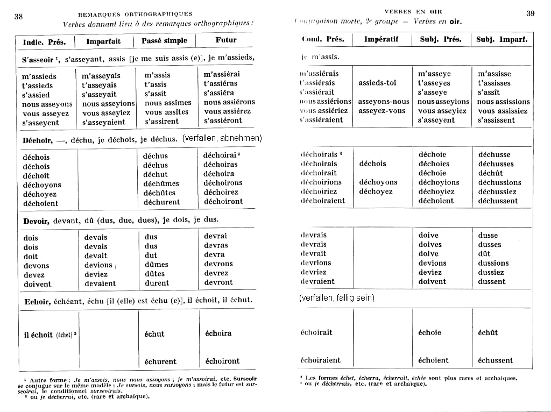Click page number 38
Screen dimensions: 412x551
pyautogui.click(x=18, y=16)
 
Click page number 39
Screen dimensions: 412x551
pyautogui.click(x=530, y=13)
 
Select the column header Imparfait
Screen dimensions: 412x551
pyautogui.click(x=104, y=41)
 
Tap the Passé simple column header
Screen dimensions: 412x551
pyautogui.click(x=165, y=40)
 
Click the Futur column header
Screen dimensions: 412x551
pyautogui.click(x=226, y=40)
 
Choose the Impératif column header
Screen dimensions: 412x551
pyautogui.click(x=382, y=39)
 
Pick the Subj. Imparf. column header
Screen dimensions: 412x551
pyautogui.click(x=502, y=39)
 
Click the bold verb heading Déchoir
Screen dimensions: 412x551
pyautogui.click(x=38, y=139)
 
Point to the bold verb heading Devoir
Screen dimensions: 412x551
pyautogui.click(x=37, y=220)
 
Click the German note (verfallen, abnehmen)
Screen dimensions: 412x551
pyautogui.click(x=222, y=138)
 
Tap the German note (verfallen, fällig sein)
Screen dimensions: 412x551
pyautogui.click(x=336, y=297)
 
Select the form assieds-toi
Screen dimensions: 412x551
pyautogui.click(x=377, y=83)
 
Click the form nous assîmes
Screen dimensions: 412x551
pyautogui.click(x=168, y=103)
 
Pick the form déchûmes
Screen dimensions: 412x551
pyautogui.click(x=161, y=183)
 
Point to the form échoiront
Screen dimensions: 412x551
pyautogui.click(x=222, y=361)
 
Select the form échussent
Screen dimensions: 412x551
pyautogui.click(x=496, y=360)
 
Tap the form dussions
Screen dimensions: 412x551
pyautogui.click(x=493, y=263)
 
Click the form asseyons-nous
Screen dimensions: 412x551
pyautogui.click(x=384, y=102)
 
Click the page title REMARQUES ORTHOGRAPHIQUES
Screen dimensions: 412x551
pyautogui.click(x=135, y=14)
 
